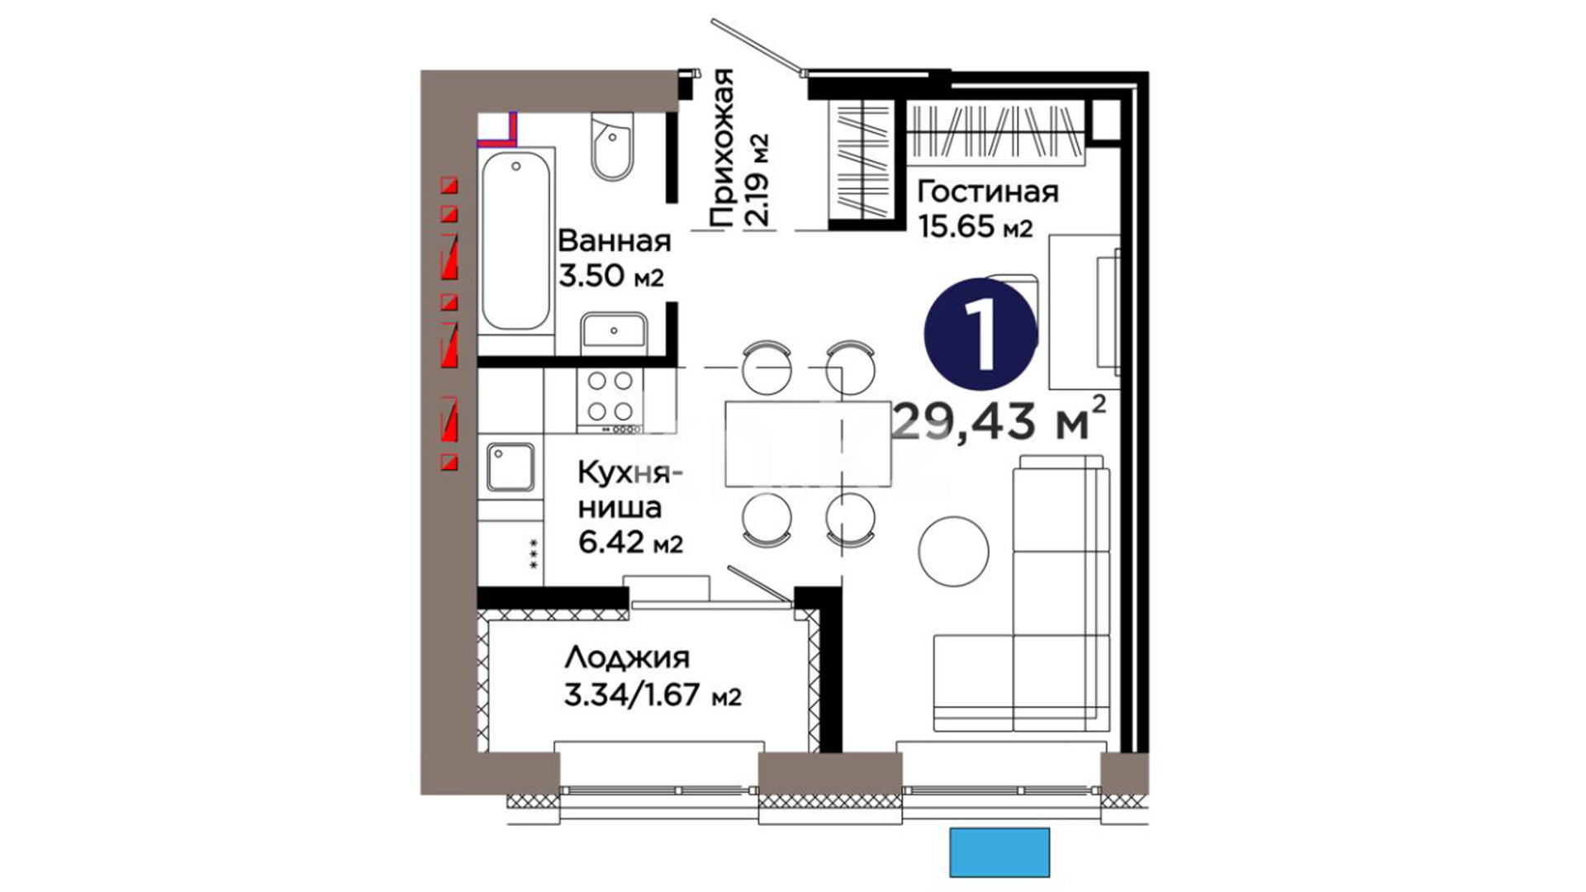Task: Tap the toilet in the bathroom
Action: point(612,146)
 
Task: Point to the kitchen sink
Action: point(510,467)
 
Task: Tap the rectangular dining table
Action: point(808,444)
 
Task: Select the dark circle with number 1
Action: point(981,334)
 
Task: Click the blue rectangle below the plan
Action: point(1000,852)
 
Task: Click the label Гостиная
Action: point(988,192)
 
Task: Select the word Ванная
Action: point(615,241)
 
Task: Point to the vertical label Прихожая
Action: point(722,149)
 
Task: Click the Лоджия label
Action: point(627,659)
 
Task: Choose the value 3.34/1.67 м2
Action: point(653,695)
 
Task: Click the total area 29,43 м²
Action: point(1000,419)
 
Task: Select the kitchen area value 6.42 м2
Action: point(630,543)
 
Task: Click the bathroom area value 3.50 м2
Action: point(611,275)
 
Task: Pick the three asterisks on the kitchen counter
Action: point(534,553)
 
